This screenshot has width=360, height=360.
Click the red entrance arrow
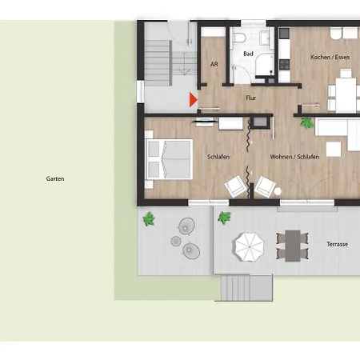(x=193, y=100)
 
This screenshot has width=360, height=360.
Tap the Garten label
(x=55, y=178)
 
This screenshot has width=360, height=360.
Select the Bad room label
(x=248, y=54)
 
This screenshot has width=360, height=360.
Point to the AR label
(x=214, y=64)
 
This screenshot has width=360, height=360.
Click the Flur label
(x=250, y=98)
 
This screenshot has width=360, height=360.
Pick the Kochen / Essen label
(x=330, y=57)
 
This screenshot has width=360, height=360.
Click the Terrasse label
(x=338, y=244)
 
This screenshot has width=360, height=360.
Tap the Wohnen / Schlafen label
(x=294, y=157)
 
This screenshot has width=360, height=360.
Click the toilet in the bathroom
(x=239, y=38)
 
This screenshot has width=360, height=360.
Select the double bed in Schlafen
(x=169, y=159)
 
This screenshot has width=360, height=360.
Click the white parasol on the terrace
(x=250, y=246)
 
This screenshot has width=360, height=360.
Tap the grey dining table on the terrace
(x=293, y=246)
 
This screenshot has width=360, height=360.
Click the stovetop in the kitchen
(x=285, y=65)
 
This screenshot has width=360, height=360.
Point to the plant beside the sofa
(x=306, y=123)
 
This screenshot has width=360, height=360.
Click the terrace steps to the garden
(x=246, y=288)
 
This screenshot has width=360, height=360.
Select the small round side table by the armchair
(x=278, y=191)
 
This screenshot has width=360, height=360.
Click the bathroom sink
(x=266, y=37)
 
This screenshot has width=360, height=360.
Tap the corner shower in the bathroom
(x=265, y=65)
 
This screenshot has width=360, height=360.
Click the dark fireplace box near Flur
(x=260, y=122)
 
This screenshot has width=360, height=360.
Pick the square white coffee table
(x=334, y=149)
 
